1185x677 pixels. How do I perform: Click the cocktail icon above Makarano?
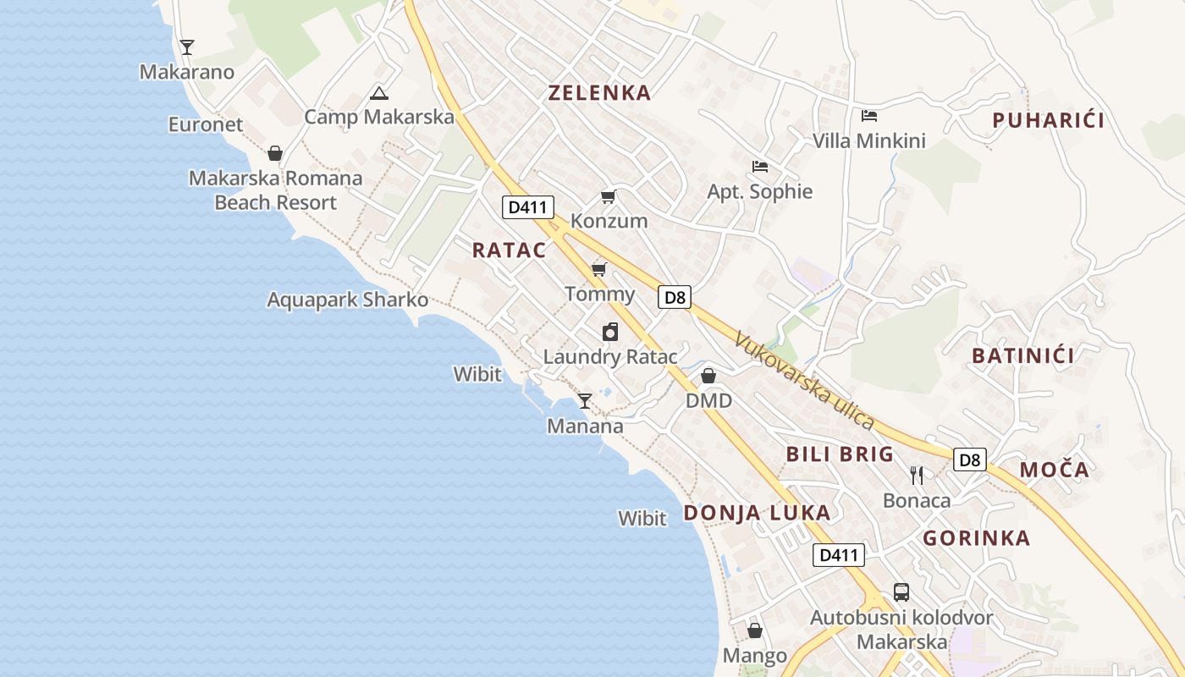coord(187,47)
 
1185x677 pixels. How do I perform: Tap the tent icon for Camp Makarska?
coord(378,93)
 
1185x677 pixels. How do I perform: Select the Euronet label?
coord(206,124)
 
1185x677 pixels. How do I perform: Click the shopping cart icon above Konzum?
coord(608,197)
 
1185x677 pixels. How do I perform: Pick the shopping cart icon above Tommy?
coord(598,270)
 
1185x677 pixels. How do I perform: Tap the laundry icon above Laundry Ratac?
coord(610,332)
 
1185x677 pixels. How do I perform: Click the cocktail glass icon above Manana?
coord(584,400)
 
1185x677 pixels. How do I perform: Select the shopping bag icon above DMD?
coord(708,376)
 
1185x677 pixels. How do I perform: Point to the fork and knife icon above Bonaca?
coord(916,475)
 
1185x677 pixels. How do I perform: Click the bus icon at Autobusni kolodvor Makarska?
coord(901,592)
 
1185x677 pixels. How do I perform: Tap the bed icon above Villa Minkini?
coord(869,116)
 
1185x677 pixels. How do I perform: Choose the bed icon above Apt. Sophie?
coord(760,167)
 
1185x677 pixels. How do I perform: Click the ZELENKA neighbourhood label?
coord(599,93)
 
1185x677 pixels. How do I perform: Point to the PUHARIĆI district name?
coord(1048,120)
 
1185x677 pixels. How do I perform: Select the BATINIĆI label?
coord(1023,355)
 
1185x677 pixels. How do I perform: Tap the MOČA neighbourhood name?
coord(1054,470)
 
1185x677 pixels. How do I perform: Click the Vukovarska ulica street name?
coord(803,380)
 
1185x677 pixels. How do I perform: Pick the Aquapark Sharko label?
coord(347,300)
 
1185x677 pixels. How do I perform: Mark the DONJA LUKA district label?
coord(757,513)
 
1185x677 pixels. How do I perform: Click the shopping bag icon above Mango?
coord(755,631)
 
